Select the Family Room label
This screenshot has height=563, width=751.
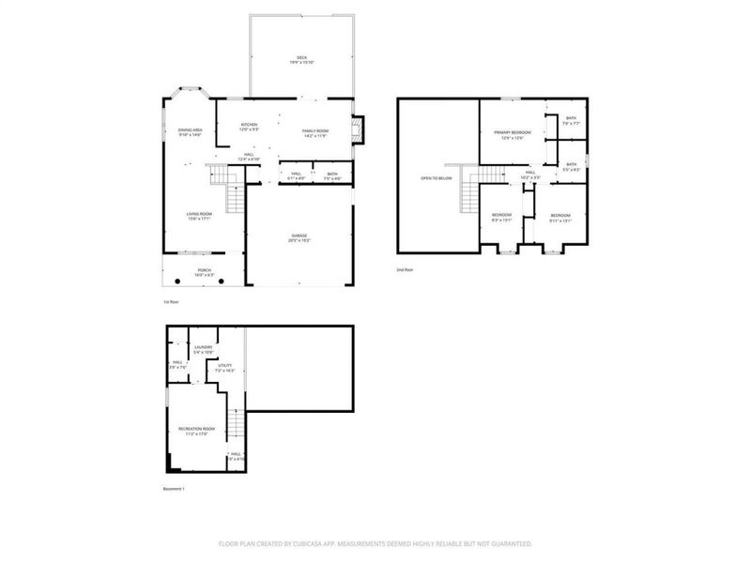pos(314,132)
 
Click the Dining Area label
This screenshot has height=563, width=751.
pos(190,132)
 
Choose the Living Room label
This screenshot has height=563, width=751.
pos(199,216)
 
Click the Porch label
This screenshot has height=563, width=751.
pos(204,272)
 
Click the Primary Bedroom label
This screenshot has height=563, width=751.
pos(513,134)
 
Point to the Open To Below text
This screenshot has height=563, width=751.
pos(437,178)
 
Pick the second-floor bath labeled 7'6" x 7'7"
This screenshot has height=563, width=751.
pos(571,120)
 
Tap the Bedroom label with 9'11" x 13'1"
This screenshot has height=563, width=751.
pos(560,218)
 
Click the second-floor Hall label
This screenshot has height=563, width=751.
pos(530,174)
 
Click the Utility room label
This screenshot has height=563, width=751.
pos(224,369)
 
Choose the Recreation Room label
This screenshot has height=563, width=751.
pos(197,431)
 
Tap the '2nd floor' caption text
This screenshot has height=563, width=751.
pos(405,269)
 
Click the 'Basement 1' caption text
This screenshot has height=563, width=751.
pos(175,489)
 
